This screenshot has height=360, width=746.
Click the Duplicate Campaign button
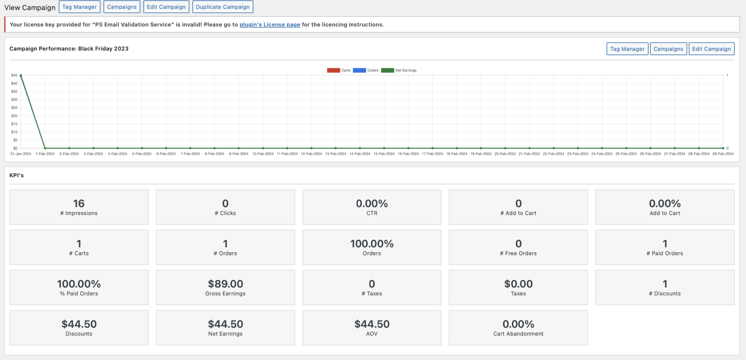click(223, 7)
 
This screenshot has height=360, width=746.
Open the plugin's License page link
click(270, 24)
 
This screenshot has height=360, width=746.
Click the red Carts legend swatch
click(333, 70)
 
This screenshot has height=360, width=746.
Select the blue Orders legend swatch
click(359, 70)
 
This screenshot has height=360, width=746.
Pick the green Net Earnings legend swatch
click(387, 70)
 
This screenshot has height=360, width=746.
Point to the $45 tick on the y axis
click(14, 75)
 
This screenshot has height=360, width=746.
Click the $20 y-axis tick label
click(14, 116)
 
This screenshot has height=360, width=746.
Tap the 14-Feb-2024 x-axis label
click(360, 154)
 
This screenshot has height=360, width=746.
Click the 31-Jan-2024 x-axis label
click(21, 154)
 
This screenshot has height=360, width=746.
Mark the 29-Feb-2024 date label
click(723, 154)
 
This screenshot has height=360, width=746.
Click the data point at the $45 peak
click(21, 75)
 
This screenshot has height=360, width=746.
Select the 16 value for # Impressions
click(79, 203)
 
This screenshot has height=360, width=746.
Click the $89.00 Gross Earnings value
click(225, 284)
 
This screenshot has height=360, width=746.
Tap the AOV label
click(372, 334)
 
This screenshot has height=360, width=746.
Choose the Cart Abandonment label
click(518, 334)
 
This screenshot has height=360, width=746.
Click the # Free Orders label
click(518, 253)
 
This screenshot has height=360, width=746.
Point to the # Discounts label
click(664, 294)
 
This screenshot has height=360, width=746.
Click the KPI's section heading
click(16, 175)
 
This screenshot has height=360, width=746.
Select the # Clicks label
click(225, 213)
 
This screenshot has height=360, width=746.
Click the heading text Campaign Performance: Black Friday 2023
click(69, 48)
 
